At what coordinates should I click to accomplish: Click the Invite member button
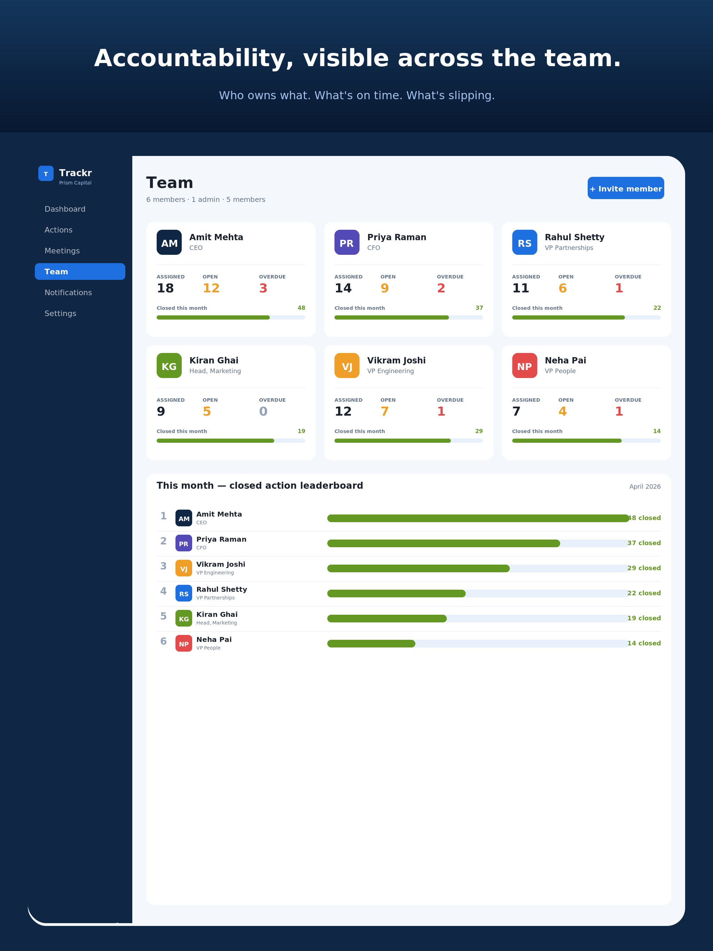626,188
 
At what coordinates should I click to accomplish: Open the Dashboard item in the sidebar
65,209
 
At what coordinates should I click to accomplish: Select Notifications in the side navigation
68,292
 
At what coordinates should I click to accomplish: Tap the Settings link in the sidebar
60,313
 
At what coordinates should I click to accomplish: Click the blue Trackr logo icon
46,173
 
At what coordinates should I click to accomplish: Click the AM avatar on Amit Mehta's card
169,242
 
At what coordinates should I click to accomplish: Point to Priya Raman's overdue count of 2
441,288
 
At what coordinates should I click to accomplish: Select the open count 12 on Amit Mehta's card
211,288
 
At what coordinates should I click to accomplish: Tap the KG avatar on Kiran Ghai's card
169,366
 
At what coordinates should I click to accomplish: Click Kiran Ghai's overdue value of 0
263,411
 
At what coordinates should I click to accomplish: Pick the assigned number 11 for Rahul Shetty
520,288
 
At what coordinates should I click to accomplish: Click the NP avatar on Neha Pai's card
525,366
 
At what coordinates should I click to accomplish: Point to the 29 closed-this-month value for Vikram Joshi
479,431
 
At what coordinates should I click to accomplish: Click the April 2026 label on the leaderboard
645,486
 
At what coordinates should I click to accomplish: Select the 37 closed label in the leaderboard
644,543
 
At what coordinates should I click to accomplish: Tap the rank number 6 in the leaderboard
163,642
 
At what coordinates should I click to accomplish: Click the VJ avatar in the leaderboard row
183,568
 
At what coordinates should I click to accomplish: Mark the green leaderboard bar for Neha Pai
371,644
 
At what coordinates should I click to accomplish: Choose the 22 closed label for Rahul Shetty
644,593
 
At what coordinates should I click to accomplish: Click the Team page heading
170,183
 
